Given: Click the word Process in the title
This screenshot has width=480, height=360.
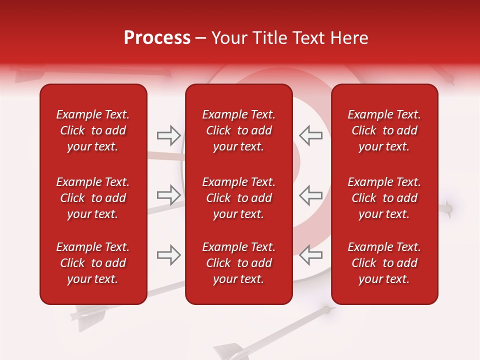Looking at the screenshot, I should [157, 38].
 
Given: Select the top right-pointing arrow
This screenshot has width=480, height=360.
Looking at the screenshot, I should [168, 134].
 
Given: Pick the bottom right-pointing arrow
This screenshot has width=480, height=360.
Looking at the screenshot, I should [168, 255].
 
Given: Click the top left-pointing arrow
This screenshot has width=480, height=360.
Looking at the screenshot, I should [310, 135].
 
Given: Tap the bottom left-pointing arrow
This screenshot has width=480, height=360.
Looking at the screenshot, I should [310, 255].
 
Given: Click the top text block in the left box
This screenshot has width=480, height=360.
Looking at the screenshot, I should [93, 130].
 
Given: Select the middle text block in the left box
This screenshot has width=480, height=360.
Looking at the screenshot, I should [93, 198].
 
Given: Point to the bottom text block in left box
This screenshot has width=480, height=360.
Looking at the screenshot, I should [93, 263].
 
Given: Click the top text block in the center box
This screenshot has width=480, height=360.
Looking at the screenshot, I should [238, 130].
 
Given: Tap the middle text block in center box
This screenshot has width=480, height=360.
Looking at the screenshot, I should [238, 198].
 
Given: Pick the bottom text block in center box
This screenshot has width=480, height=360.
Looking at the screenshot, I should [238, 263].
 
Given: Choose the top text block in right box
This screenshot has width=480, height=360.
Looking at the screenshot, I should [384, 130].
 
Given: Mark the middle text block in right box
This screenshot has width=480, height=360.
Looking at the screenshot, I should [384, 198].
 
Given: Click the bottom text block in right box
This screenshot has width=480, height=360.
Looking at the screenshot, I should [384, 263].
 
